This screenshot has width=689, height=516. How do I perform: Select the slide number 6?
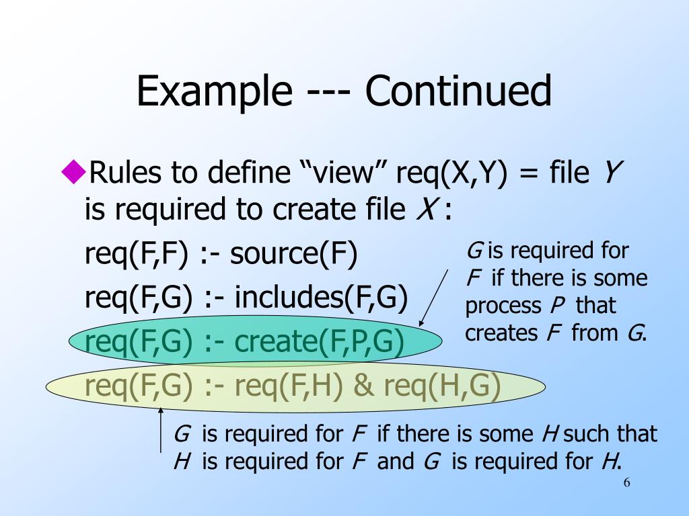627,484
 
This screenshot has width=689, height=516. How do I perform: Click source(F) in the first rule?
295,255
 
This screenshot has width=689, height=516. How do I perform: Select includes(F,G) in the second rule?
322,298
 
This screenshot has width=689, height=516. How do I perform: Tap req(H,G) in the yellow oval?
442,386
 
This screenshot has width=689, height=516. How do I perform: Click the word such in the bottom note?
589,434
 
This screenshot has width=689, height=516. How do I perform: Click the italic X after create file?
425,210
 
